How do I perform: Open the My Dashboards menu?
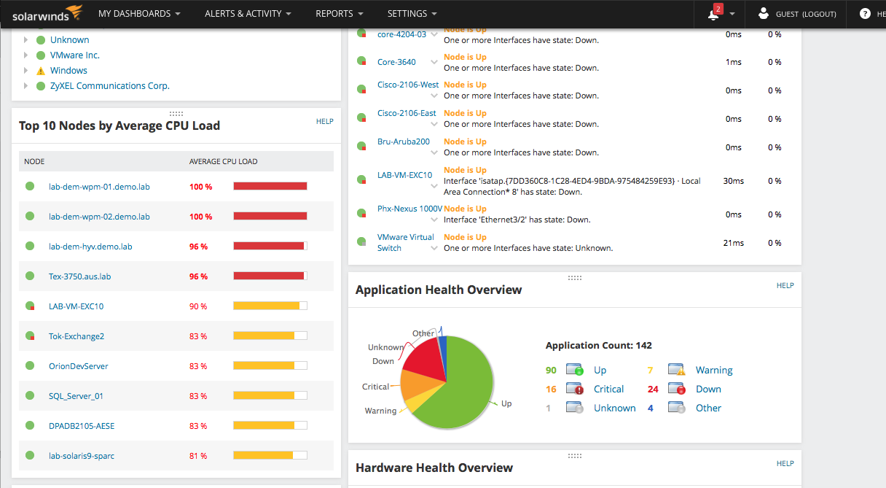pyautogui.click(x=139, y=14)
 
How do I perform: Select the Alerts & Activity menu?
pyautogui.click(x=248, y=14)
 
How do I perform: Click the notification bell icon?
pyautogui.click(x=713, y=14)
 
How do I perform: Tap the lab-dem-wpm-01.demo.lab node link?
pyautogui.click(x=99, y=187)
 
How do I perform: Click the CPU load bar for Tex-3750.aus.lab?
pyautogui.click(x=270, y=276)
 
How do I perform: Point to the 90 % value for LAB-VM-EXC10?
pyautogui.click(x=198, y=306)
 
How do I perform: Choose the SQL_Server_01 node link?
pyautogui.click(x=76, y=396)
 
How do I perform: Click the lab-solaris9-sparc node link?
pyautogui.click(x=82, y=456)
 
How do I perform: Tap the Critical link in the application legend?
pyautogui.click(x=608, y=390)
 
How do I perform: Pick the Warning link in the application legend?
pyautogui.click(x=714, y=371)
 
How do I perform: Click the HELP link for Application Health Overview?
pyautogui.click(x=785, y=285)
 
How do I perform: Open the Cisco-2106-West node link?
pyautogui.click(x=408, y=85)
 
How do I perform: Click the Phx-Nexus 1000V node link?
pyautogui.click(x=409, y=209)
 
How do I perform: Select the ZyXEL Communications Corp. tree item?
pyautogui.click(x=109, y=86)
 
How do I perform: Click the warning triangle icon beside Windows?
pyautogui.click(x=41, y=71)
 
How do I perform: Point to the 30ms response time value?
pyautogui.click(x=734, y=181)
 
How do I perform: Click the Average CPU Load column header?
pyautogui.click(x=223, y=161)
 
